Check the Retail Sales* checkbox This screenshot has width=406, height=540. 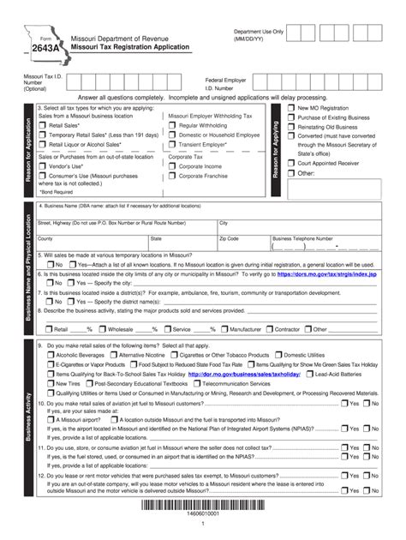[x=43, y=125]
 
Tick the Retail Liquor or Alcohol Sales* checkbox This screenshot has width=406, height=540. [x=43, y=146]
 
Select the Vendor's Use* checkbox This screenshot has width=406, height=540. [x=43, y=166]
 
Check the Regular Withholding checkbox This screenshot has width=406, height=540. [x=172, y=125]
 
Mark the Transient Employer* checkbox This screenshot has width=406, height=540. [x=172, y=146]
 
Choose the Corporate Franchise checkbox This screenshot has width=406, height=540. [x=172, y=177]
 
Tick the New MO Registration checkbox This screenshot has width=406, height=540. [x=291, y=110]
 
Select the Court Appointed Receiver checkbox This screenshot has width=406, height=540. [x=291, y=161]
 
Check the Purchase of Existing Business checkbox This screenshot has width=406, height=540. [x=291, y=118]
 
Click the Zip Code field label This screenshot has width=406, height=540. [x=229, y=238]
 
